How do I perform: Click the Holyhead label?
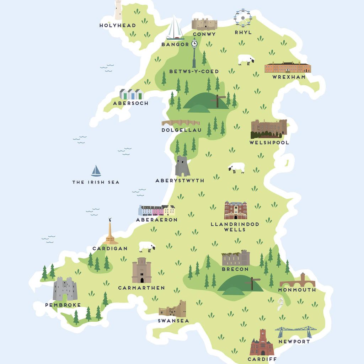[118, 26]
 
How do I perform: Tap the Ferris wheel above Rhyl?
[243, 18]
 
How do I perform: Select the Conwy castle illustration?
[204, 24]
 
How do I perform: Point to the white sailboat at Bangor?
[175, 28]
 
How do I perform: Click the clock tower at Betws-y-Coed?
[194, 53]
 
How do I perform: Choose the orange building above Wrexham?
[288, 67]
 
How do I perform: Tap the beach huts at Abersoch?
[131, 94]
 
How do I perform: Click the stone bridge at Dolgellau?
[181, 123]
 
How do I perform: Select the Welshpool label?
[269, 143]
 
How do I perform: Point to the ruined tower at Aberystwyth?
[182, 166]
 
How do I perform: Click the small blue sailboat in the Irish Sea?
[96, 171]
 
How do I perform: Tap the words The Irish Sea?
[96, 182]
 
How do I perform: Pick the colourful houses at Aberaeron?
[157, 210]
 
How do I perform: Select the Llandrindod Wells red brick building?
[235, 210]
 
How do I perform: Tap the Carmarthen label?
[141, 288]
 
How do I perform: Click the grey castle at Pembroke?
[65, 289]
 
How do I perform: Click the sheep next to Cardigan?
[147, 246]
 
